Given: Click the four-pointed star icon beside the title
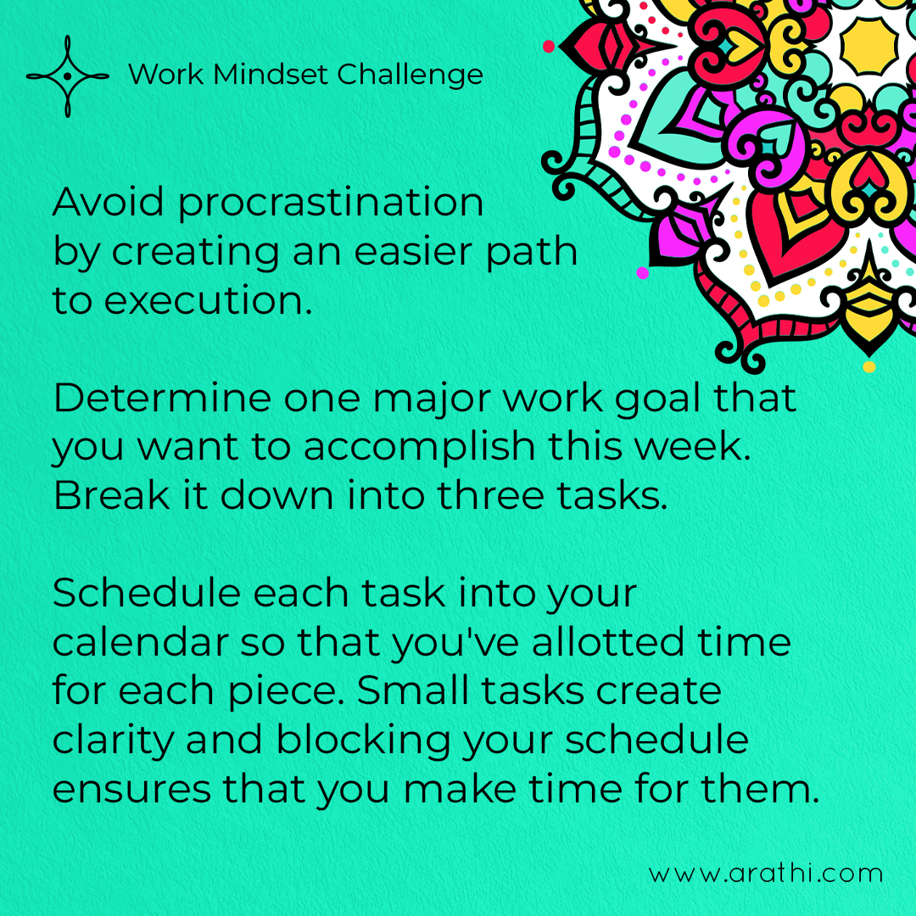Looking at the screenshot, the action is point(68,76).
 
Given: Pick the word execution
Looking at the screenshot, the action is point(208,301).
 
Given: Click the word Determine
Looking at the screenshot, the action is point(162,398).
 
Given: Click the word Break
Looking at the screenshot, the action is point(112,495).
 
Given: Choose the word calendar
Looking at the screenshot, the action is point(140,642).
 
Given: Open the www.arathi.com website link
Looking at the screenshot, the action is point(765,874).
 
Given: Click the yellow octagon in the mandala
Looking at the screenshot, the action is point(869,46).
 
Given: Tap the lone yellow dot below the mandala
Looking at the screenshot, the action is point(869,367).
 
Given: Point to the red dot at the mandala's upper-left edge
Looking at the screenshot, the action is point(549,46).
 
